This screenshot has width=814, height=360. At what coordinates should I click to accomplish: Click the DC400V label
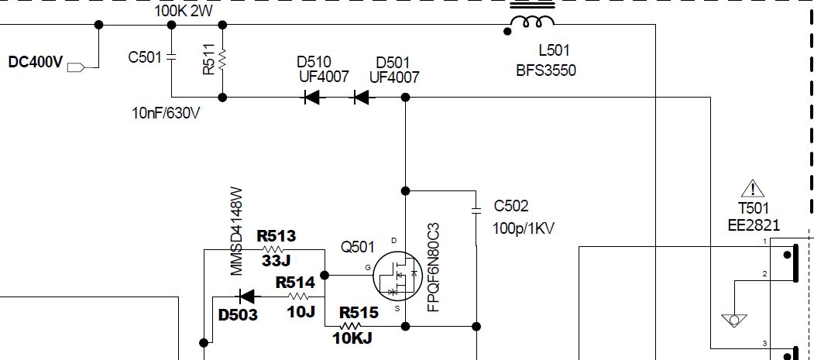pos(35,63)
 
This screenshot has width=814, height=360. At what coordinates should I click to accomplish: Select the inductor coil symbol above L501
pos(531,21)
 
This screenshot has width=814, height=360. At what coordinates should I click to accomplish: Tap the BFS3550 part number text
pos(546,70)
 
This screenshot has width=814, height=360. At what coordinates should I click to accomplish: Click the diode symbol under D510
pos(311,98)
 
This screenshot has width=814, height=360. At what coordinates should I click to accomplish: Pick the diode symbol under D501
pos(361,98)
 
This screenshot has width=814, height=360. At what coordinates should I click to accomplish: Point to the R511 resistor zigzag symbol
pos(222,60)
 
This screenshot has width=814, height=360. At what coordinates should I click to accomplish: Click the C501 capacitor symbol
pos(171,57)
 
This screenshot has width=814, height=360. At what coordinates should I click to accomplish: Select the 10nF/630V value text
pos(167,114)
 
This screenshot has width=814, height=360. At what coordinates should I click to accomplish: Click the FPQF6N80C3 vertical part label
pos(434,268)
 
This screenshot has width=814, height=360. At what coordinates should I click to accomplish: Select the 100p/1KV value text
pos(524,228)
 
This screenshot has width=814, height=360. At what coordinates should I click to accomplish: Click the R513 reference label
pos(276,236)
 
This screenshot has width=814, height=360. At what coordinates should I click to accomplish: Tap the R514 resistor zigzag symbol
pos(298,296)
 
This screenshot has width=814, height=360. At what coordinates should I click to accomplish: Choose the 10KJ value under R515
pos(353,338)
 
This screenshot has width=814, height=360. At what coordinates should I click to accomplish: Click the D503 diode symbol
pos(247,296)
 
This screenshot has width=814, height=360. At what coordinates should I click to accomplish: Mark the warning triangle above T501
pos(752,188)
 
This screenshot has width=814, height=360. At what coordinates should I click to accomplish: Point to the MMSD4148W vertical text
pos(237,231)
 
